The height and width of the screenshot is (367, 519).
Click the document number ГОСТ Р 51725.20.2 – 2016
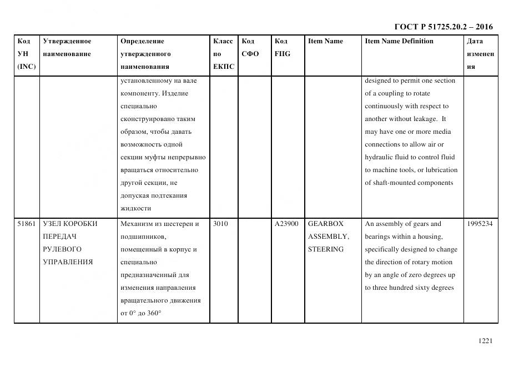tap(443, 27)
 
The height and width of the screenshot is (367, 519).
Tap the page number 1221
tap(485, 341)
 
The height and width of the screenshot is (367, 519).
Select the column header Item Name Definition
tap(399, 41)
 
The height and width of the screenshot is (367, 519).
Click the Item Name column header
tap(325, 41)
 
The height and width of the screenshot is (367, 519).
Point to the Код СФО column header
tap(250, 48)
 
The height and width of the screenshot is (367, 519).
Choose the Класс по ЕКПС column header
tap(224, 54)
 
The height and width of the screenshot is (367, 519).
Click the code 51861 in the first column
tap(27, 224)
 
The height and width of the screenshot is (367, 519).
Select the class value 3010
tap(220, 224)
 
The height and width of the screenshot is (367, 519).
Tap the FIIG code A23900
tap(286, 224)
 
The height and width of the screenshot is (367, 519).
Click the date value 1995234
tap(480, 224)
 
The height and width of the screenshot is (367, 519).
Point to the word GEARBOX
tap(326, 224)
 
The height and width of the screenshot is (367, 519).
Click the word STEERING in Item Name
tap(325, 249)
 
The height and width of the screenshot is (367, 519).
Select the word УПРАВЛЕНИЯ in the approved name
tap(68, 262)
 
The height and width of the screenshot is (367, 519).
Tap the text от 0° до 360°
tap(140, 313)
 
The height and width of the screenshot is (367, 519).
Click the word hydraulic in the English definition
tap(379, 157)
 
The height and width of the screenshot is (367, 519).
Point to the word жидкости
tap(135, 208)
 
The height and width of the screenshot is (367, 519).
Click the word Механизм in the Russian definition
tap(137, 224)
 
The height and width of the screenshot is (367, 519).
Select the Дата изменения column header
tap(480, 54)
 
